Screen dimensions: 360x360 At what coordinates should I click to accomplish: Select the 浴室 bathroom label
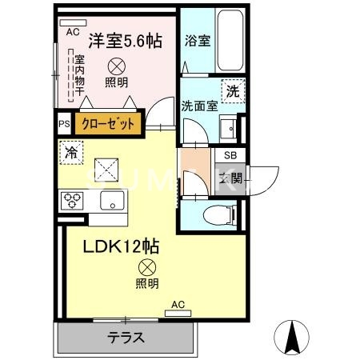[197, 41]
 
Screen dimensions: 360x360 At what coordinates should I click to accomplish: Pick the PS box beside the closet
[64, 123]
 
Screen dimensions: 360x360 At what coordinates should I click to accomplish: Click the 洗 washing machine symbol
[233, 90]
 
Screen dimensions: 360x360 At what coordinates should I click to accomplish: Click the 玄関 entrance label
[230, 177]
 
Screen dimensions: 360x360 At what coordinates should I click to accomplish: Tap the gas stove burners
[71, 199]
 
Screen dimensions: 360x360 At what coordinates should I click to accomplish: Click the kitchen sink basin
[111, 199]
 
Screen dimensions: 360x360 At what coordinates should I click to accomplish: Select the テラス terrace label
[126, 338]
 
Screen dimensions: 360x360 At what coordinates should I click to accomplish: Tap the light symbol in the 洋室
[117, 66]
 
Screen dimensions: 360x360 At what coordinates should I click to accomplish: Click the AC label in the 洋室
[72, 32]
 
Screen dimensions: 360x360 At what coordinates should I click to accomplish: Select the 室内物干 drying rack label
[78, 76]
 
